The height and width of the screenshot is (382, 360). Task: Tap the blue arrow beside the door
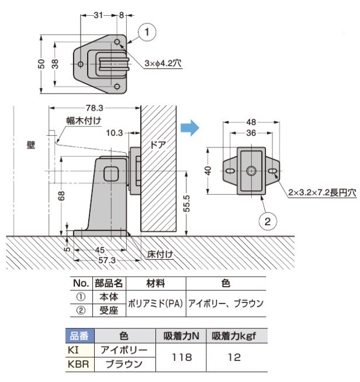click(188, 126)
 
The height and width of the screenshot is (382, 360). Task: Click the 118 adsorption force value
click(181, 356)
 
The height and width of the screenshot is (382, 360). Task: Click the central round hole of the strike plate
click(250, 170)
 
